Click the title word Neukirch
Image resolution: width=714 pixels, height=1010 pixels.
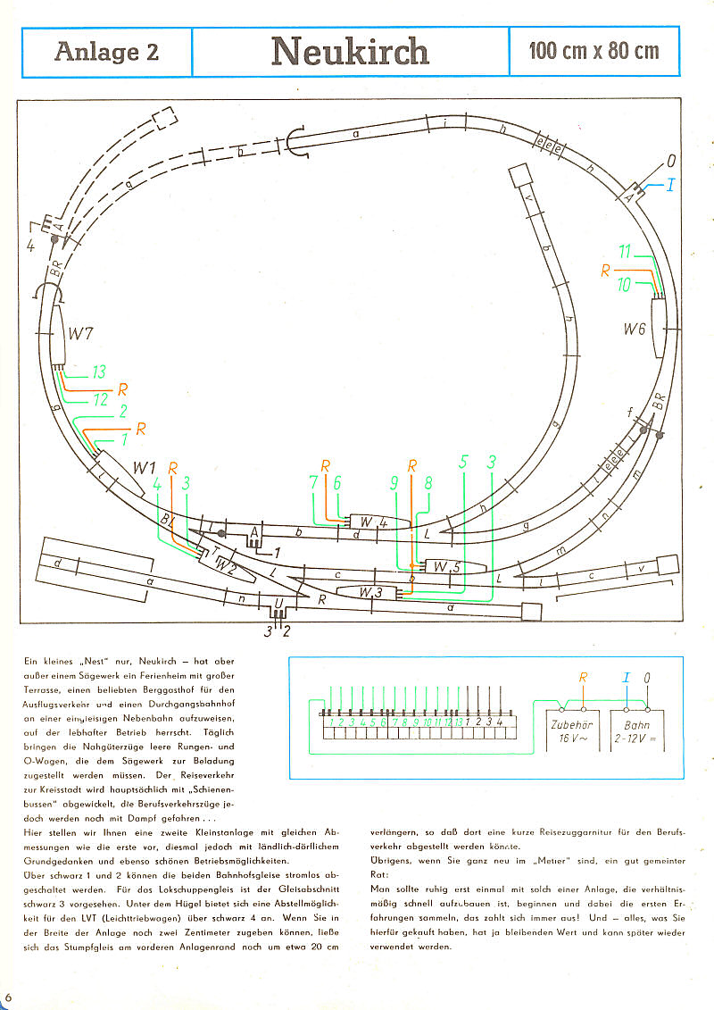350,51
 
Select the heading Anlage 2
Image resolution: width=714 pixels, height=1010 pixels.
106,52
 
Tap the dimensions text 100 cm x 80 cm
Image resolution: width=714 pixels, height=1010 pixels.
594,51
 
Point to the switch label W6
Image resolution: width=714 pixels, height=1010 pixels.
634,330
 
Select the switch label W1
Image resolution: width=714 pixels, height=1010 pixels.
145,467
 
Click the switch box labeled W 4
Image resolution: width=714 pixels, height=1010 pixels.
374,522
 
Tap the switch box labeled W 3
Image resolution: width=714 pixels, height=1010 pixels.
371,592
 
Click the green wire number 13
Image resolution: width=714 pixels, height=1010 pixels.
98,371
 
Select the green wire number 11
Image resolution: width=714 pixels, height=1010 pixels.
626,252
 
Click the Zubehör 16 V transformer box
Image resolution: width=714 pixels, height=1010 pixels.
567,731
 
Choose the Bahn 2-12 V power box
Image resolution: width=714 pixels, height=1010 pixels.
637,731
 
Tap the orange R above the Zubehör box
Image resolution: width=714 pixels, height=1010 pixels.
583,678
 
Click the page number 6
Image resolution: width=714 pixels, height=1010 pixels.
9,995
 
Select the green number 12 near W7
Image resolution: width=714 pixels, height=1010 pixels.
100,400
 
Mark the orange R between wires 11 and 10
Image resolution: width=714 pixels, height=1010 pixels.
605,268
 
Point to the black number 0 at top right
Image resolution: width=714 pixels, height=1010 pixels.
670,162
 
